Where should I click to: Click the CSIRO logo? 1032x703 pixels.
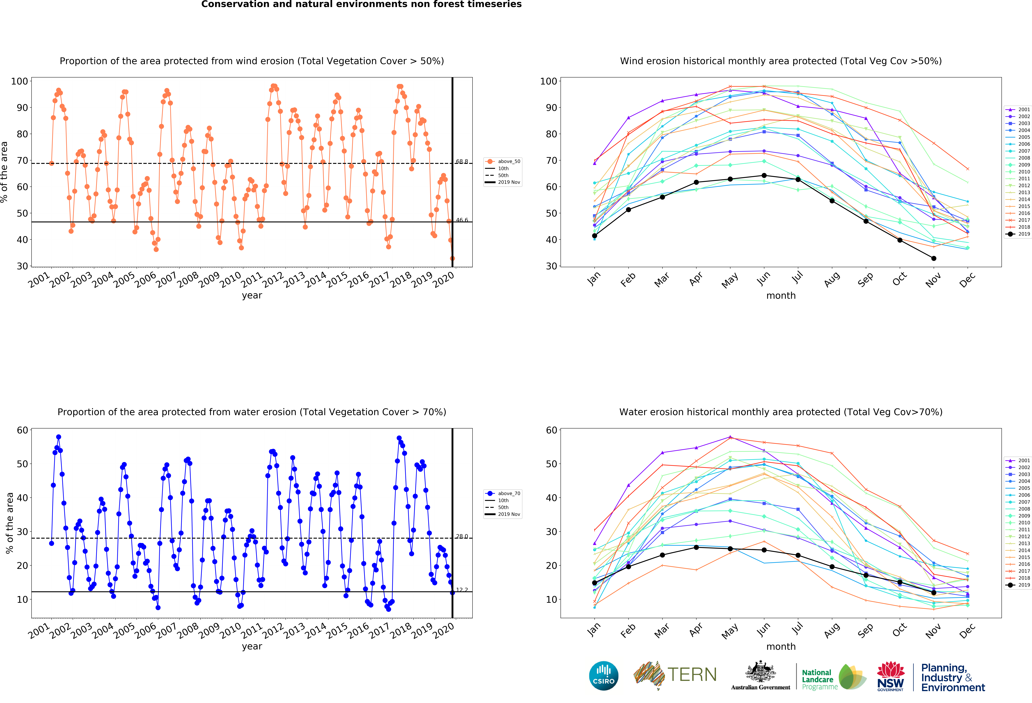pyautogui.click(x=603, y=676)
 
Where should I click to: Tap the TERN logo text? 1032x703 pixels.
pyautogui.click(x=692, y=675)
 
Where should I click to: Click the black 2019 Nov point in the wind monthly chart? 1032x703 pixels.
pyautogui.click(x=933, y=258)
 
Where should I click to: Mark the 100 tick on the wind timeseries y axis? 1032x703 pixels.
pyautogui.click(x=19, y=81)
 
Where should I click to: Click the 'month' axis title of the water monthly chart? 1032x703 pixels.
pyautogui.click(x=781, y=647)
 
